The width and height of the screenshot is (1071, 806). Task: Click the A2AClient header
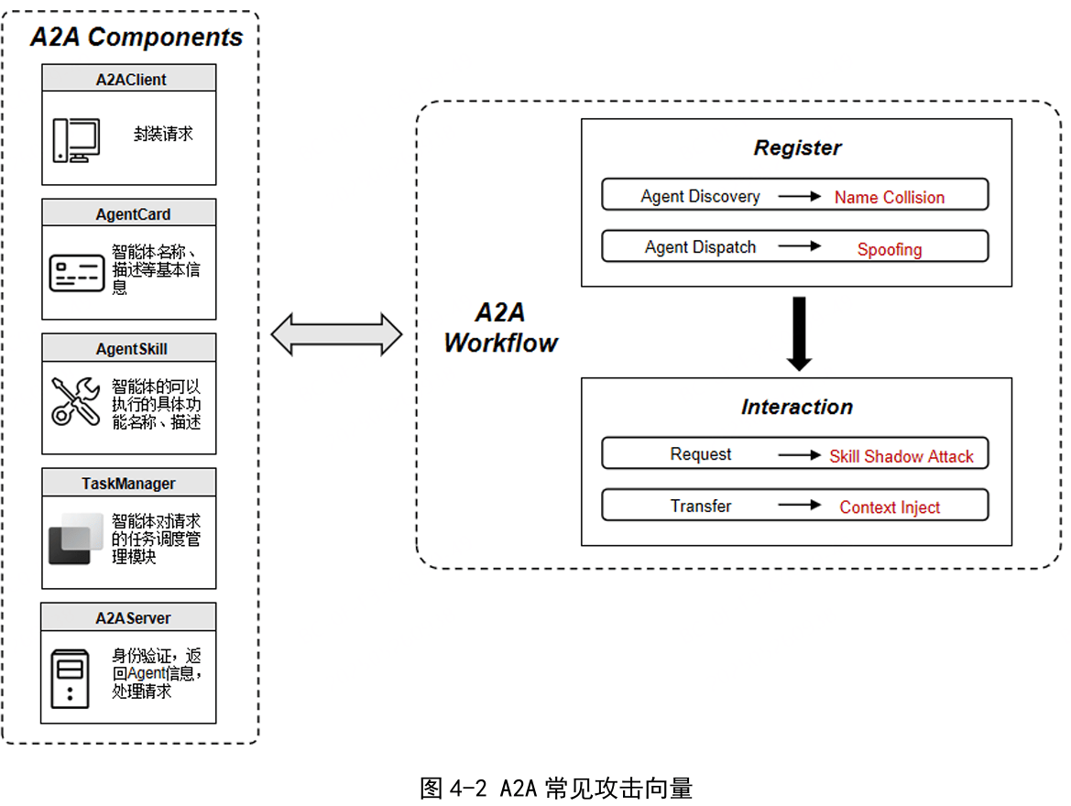pyautogui.click(x=130, y=80)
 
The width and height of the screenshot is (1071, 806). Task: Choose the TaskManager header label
pyautogui.click(x=128, y=484)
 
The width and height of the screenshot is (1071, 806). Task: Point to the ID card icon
pyautogui.click(x=77, y=273)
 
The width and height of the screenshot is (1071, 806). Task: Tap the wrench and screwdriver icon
pyautogui.click(x=75, y=401)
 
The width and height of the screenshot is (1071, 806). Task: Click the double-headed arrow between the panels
pyautogui.click(x=336, y=334)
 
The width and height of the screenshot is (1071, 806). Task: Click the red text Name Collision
pyautogui.click(x=889, y=197)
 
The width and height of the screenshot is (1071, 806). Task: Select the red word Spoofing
pyautogui.click(x=889, y=249)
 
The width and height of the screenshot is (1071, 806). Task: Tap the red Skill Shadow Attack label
pyautogui.click(x=902, y=456)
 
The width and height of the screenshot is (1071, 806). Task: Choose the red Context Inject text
pyautogui.click(x=890, y=507)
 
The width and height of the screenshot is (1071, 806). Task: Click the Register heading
pyautogui.click(x=797, y=148)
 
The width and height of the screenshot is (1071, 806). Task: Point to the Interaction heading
pyautogui.click(x=797, y=408)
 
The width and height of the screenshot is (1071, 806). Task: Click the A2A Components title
pyautogui.click(x=137, y=38)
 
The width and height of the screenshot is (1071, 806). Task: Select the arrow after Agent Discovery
pyautogui.click(x=800, y=196)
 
